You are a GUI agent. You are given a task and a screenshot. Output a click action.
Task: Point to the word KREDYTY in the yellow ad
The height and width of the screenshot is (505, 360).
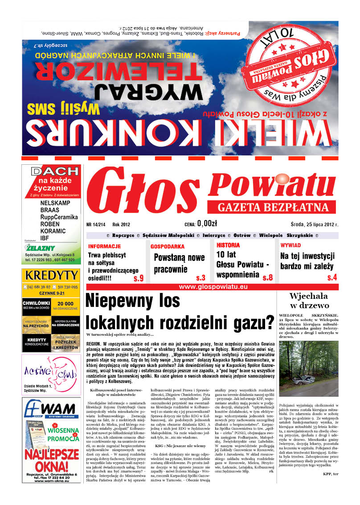click(51, 275)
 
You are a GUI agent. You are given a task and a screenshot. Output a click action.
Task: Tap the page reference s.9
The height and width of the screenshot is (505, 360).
click(139, 279)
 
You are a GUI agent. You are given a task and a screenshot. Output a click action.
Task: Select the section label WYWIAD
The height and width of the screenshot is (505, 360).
click(290, 245)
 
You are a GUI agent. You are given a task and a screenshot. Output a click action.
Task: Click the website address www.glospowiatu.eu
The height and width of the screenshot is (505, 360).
click(213, 287)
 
